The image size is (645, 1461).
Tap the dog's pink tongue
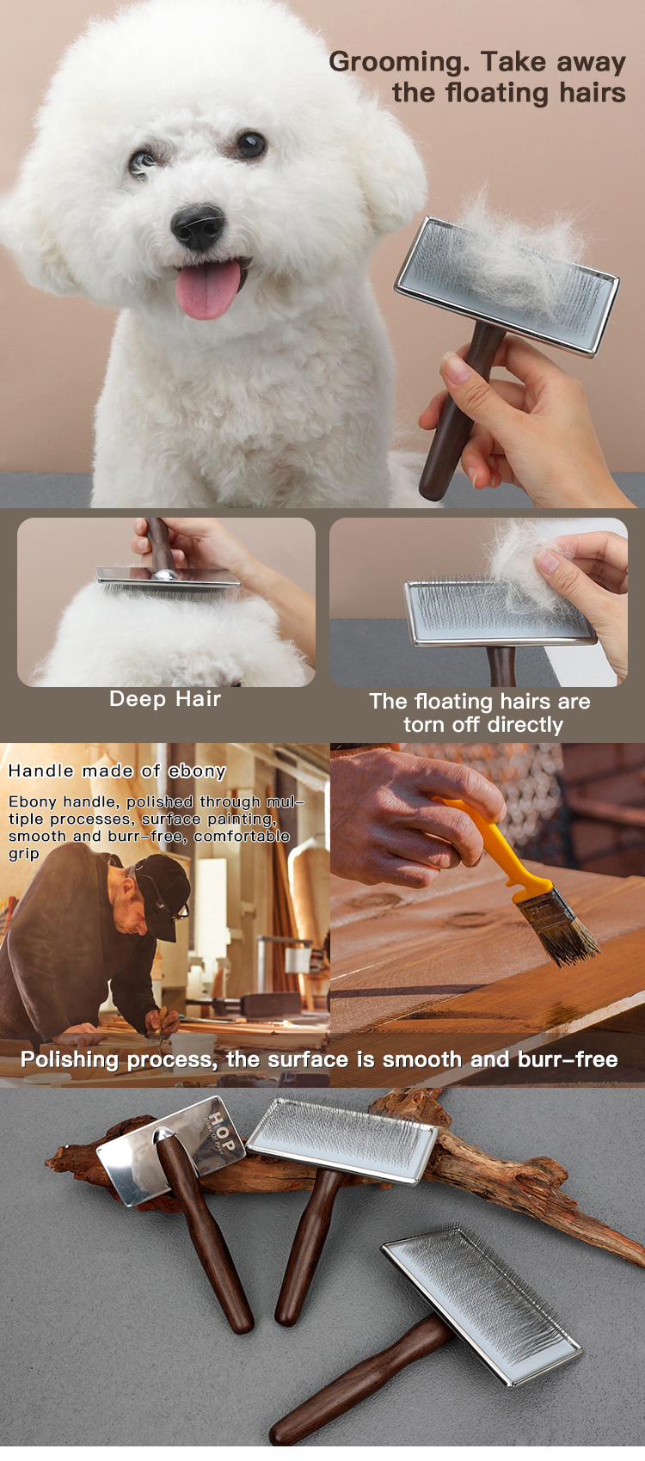(208, 290)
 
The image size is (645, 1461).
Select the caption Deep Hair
(165, 699)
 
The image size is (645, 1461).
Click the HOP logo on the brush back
(221, 1135)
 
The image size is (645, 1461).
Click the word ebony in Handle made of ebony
(197, 771)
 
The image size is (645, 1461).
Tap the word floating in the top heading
(496, 93)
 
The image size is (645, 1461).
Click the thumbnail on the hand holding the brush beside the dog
(457, 369)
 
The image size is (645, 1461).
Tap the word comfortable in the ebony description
(242, 836)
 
